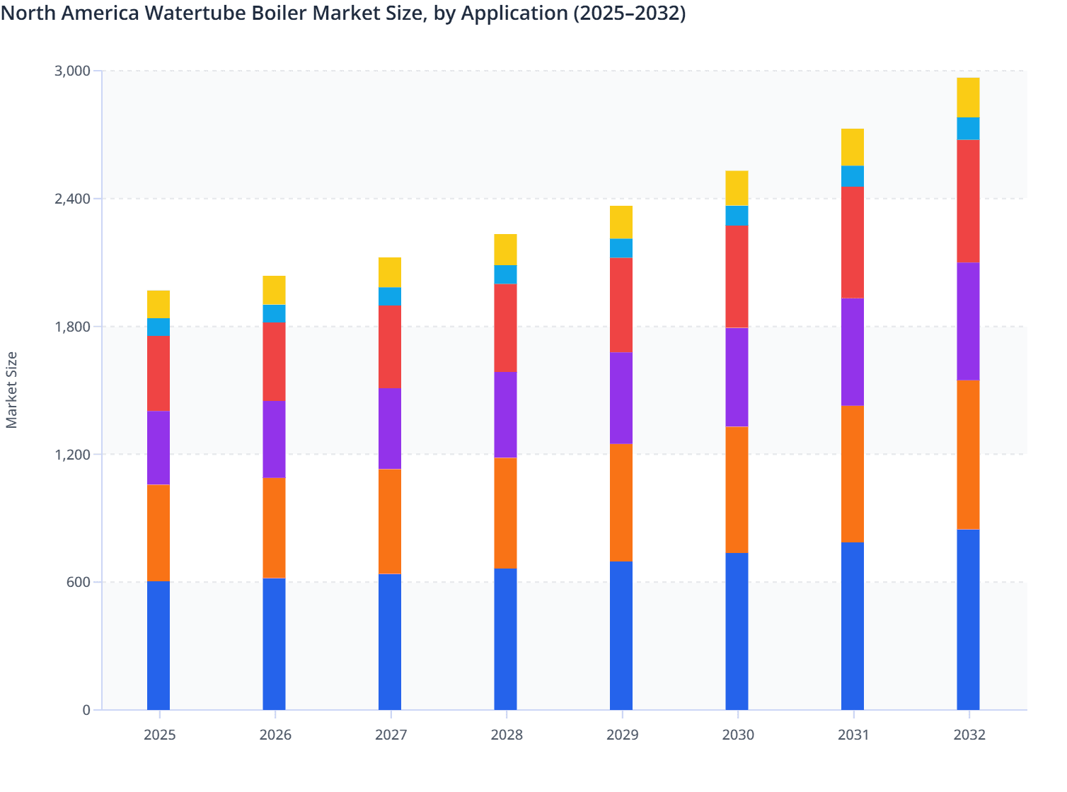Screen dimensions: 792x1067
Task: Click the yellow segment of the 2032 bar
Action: (x=968, y=98)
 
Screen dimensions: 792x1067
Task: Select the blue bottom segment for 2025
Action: (x=158, y=645)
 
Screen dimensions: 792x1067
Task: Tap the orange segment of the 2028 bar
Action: (x=505, y=513)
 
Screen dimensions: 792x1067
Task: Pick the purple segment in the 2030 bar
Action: (x=737, y=377)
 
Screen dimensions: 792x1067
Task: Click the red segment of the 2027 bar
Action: (x=390, y=346)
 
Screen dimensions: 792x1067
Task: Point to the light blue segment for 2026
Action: (x=274, y=313)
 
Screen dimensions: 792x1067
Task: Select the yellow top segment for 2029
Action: (x=621, y=222)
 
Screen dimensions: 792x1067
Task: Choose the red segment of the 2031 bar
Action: (x=853, y=242)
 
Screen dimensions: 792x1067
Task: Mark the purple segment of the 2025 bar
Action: (x=158, y=448)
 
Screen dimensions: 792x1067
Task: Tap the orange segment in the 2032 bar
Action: (x=968, y=455)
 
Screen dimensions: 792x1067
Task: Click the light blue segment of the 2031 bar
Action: (x=853, y=176)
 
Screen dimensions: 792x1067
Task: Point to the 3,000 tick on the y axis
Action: (x=72, y=71)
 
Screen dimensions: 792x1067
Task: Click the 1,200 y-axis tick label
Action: (x=72, y=455)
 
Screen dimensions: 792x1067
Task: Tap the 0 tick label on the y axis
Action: (x=86, y=710)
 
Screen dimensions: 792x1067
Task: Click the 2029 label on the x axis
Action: (x=621, y=735)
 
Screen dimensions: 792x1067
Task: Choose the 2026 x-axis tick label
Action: (x=275, y=735)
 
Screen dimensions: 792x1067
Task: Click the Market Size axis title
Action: (x=12, y=390)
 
